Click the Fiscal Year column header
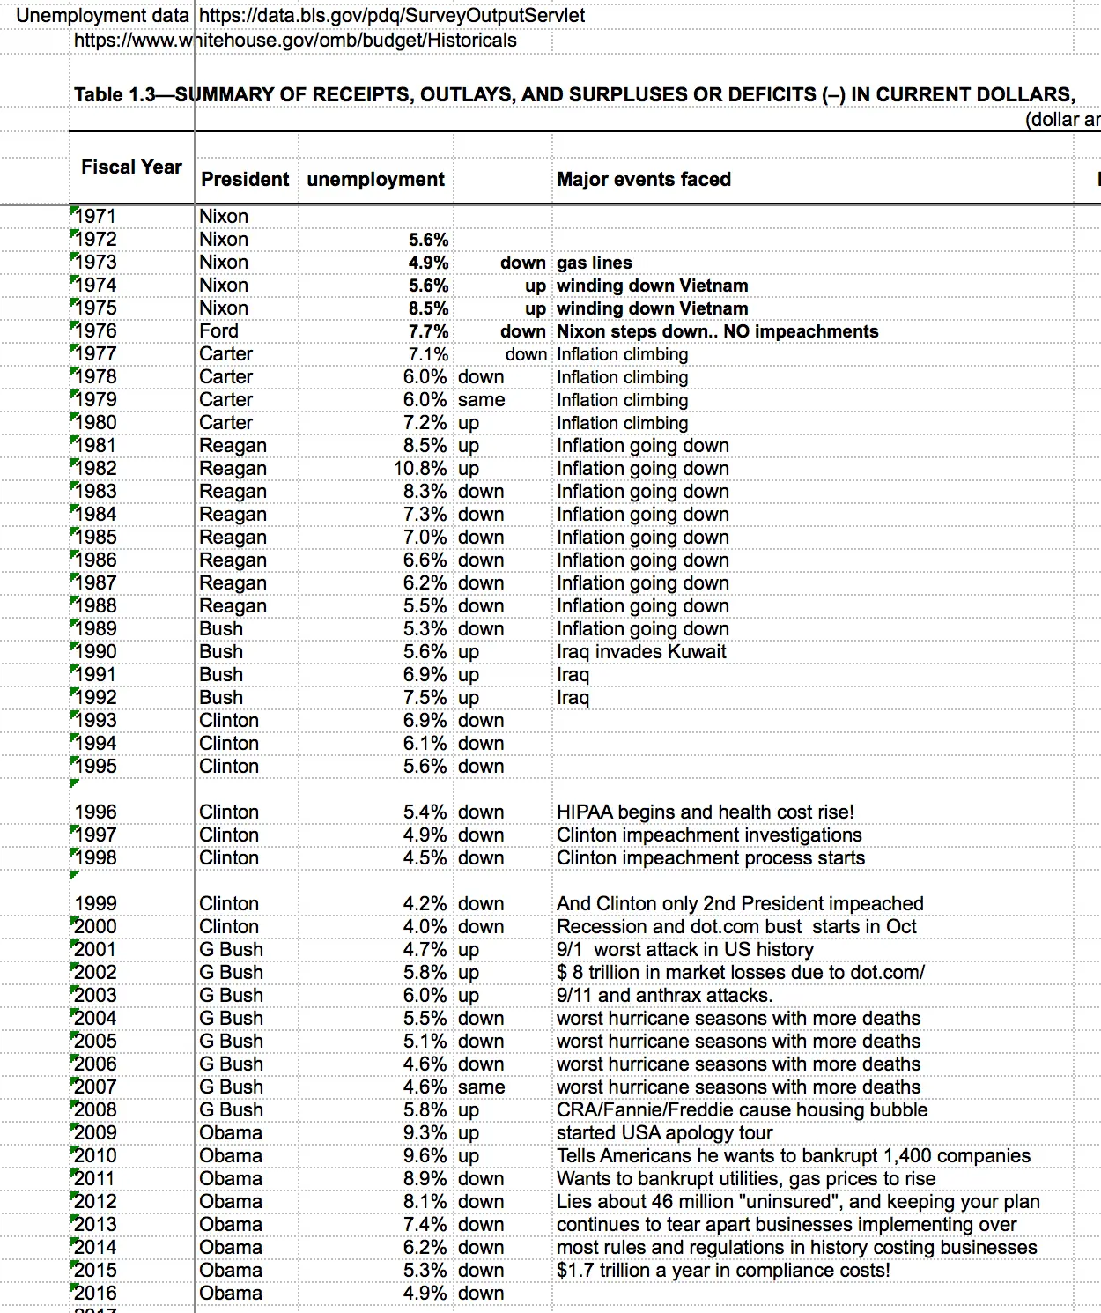[x=131, y=167]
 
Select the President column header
[x=245, y=179]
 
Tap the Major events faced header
[x=644, y=179]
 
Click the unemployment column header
[x=375, y=179]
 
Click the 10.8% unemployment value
[x=420, y=468]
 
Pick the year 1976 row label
[x=95, y=330]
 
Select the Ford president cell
[x=218, y=330]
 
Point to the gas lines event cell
[x=594, y=263]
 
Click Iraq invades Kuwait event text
[x=641, y=651]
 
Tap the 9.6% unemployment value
[x=425, y=1155]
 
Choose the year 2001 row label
[x=95, y=949]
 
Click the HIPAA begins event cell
[x=705, y=812]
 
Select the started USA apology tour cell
[x=664, y=1132]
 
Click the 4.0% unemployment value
[x=425, y=926]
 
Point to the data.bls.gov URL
[x=392, y=16]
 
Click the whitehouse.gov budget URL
[x=295, y=41]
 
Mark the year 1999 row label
[x=95, y=903]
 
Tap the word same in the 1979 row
[x=481, y=399]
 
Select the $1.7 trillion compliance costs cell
[x=723, y=1270]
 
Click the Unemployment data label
[x=102, y=16]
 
